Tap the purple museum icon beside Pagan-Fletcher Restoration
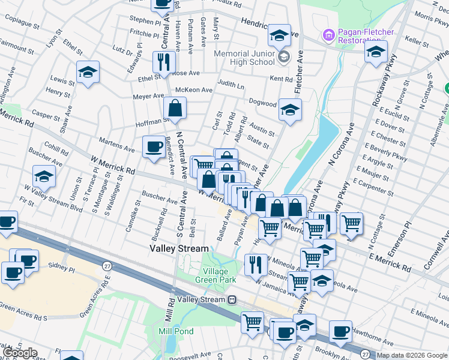[328, 35]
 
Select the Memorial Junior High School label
[244, 58]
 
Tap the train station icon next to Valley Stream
[231, 299]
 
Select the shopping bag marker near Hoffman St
[175, 108]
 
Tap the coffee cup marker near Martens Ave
[154, 146]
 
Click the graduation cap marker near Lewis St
[88, 73]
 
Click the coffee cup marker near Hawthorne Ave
[340, 331]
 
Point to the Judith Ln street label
[231, 85]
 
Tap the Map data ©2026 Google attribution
[411, 355]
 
